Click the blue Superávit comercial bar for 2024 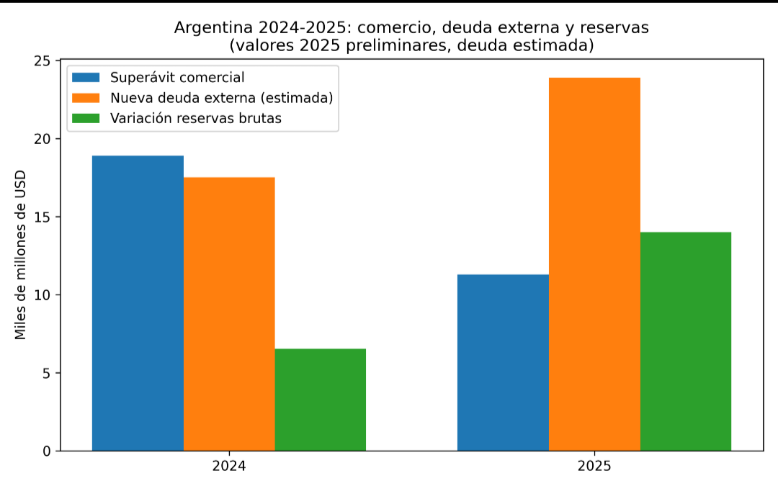pyautogui.click(x=138, y=302)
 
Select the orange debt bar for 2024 pyautogui.click(x=229, y=313)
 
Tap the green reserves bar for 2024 pyautogui.click(x=320, y=400)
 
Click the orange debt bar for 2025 pyautogui.click(x=594, y=264)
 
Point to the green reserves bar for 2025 pyautogui.click(x=685, y=341)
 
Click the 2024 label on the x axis pyautogui.click(x=229, y=466)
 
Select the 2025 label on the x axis pyautogui.click(x=594, y=466)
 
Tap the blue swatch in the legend pyautogui.click(x=86, y=78)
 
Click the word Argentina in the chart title pyautogui.click(x=208, y=28)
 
